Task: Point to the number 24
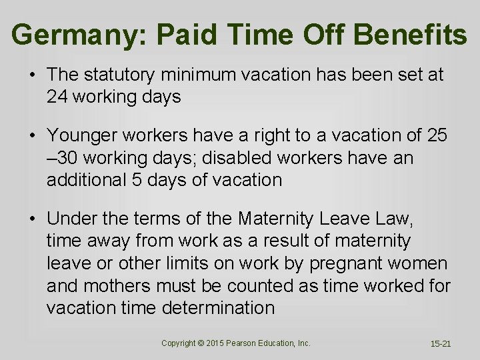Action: point(58,97)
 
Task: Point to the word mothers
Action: point(120,285)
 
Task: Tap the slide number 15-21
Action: point(441,344)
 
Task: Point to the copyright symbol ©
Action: point(201,343)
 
